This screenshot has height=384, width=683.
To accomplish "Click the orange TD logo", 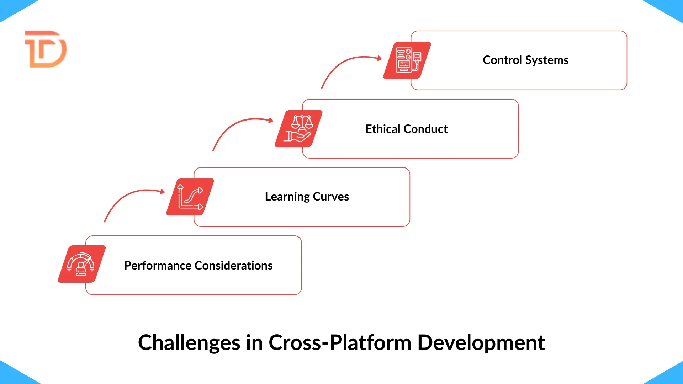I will point(46,49).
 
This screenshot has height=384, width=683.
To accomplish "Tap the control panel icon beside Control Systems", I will point(407,60).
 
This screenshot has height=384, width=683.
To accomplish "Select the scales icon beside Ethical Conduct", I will point(299,129).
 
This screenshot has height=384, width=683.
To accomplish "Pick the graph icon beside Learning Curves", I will point(190,197).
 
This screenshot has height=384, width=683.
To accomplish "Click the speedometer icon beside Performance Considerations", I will point(82,264).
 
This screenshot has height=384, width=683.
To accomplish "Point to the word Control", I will point(502,60).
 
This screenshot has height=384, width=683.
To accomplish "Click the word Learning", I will point(287,197).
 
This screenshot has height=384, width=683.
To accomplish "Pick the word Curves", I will point(331,197).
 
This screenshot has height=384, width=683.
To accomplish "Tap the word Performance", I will point(158,266).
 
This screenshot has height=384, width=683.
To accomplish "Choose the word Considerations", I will point(234,266).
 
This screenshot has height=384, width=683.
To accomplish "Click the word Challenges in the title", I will point(189,343).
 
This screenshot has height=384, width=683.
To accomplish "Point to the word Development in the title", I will point(481,343).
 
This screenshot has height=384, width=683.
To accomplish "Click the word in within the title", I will point(254,343).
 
